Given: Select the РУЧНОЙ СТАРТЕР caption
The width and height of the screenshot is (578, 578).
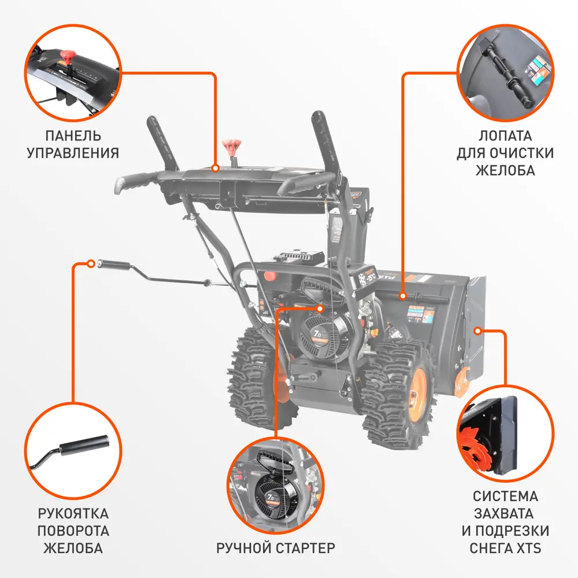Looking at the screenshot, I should pyautogui.click(x=276, y=547).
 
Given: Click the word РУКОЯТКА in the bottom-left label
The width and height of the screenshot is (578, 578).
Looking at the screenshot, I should pyautogui.click(x=73, y=513).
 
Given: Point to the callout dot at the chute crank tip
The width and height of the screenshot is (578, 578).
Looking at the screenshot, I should pyautogui.click(x=91, y=264).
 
